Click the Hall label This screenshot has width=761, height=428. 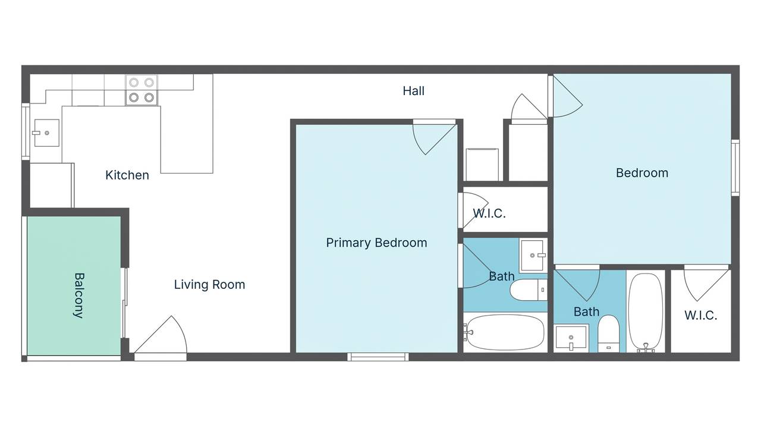pos(413,91)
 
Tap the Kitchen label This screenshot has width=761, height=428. pos(127,175)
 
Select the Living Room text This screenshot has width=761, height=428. pos(209,285)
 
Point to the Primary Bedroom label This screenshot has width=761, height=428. pos(376,243)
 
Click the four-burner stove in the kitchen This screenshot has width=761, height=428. pos(141,90)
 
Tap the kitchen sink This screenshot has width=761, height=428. pos(46,133)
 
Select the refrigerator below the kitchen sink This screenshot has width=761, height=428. pos(51,185)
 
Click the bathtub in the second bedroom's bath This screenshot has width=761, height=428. pos(645,312)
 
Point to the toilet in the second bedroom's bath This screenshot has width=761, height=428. pos(608,333)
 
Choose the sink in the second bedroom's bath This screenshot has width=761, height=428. pos(571,338)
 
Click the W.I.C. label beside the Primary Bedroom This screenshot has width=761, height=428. pos(489,213)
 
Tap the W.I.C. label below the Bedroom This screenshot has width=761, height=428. pos(700,316)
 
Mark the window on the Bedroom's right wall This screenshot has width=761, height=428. pos(735,168)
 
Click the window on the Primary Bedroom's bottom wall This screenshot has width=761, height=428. pos(378,357)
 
